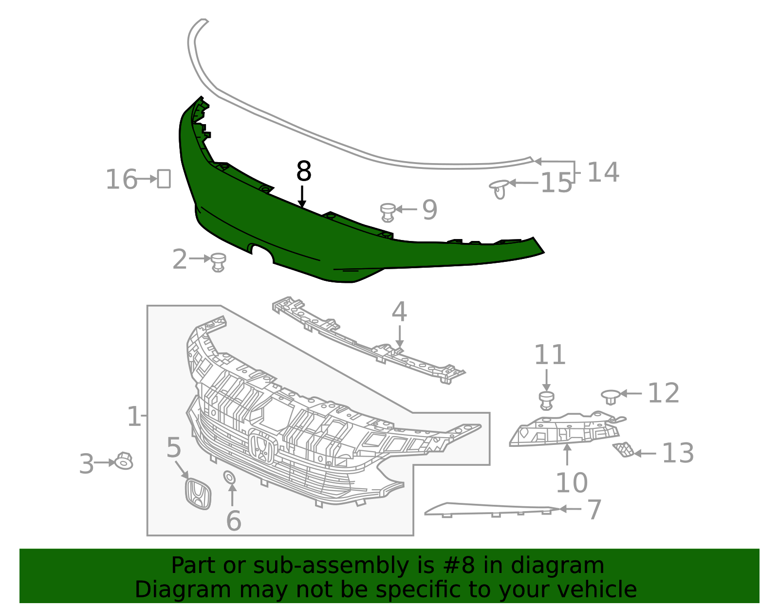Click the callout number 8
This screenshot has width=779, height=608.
coord(303,172)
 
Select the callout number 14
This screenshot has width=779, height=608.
coord(603,172)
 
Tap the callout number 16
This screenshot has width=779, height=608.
coord(121,179)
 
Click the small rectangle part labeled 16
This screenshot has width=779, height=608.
coord(164,179)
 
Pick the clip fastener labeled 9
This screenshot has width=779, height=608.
coord(388,212)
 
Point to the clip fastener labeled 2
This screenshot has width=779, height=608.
coord(218,262)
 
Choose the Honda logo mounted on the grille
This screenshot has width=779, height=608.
coord(263,447)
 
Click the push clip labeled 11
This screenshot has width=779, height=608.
coord(547,400)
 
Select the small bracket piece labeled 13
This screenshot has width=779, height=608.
coord(624,450)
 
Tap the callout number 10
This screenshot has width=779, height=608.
coord(571,482)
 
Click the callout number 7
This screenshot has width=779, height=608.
coord(594,510)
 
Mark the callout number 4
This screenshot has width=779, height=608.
coord(399,312)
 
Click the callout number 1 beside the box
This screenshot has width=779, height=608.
coord(133,417)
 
